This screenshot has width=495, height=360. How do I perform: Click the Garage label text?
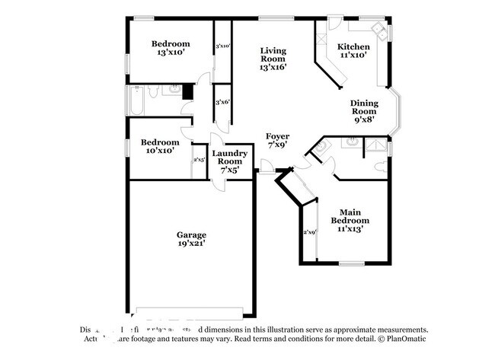coord(193,234)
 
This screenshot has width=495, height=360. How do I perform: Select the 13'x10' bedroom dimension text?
coord(170,53)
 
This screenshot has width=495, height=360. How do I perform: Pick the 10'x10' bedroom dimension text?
coord(160,151)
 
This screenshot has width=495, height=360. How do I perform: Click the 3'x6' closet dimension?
coord(222,102)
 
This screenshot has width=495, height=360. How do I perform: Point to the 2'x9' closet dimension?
coord(309,232)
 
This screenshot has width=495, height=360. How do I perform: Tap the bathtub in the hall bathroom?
coord(136,100)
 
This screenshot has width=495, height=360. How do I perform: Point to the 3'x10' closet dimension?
coord(222,46)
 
